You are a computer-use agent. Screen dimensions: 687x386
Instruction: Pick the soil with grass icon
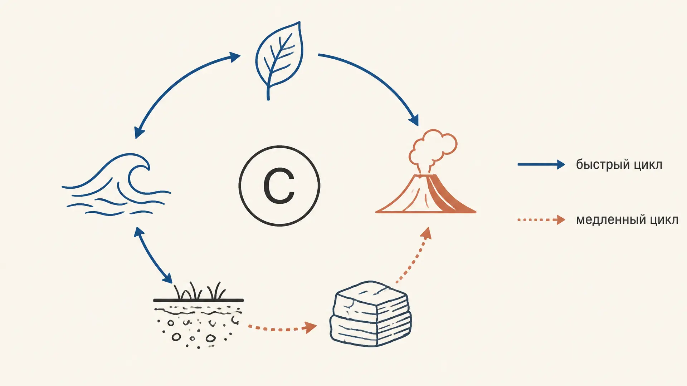pos(199,315)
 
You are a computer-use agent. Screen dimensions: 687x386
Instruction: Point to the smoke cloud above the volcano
pos(433,148)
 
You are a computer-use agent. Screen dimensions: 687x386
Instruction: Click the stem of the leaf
pos(268,89)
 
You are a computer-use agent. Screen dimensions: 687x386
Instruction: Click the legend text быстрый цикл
pos(619,165)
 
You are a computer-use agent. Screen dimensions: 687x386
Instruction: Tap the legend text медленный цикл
pos(627,219)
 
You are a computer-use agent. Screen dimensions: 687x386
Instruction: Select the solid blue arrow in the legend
pos(541,165)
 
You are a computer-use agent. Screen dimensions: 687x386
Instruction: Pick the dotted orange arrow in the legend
pos(541,220)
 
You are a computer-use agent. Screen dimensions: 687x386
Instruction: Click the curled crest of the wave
pos(138,172)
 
